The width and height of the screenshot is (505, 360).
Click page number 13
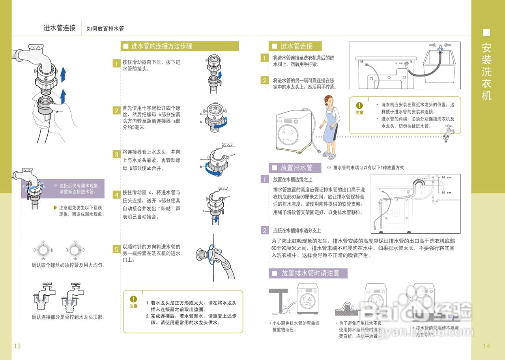[x=17, y=346]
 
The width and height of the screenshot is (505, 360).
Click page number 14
[x=486, y=346]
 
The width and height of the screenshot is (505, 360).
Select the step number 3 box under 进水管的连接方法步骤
[x=116, y=155]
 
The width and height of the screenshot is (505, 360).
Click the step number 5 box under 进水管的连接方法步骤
[x=116, y=249]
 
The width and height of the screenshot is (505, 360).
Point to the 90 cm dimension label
[x=446, y=177]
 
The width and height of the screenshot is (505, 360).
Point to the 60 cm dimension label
[x=446, y=193]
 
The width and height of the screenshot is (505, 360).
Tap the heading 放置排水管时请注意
[x=310, y=273]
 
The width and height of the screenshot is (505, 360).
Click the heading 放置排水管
[x=296, y=168]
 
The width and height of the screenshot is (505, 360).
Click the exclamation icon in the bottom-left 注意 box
[x=133, y=299]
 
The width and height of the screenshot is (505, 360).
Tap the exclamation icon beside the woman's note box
[x=359, y=106]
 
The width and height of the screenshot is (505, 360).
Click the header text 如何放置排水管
[x=105, y=29]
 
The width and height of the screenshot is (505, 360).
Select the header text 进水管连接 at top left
[x=60, y=28]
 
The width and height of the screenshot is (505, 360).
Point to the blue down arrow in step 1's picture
[x=220, y=74]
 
